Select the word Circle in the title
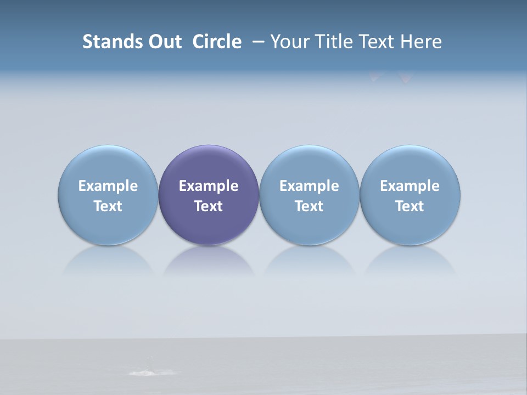tap(217, 42)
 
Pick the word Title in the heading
tap(330, 42)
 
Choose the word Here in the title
tap(420, 42)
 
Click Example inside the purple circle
tap(209, 186)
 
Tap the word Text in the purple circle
tap(209, 206)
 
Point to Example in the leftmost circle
tap(108, 186)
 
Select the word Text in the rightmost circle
tap(410, 206)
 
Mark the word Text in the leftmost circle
tap(108, 206)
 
